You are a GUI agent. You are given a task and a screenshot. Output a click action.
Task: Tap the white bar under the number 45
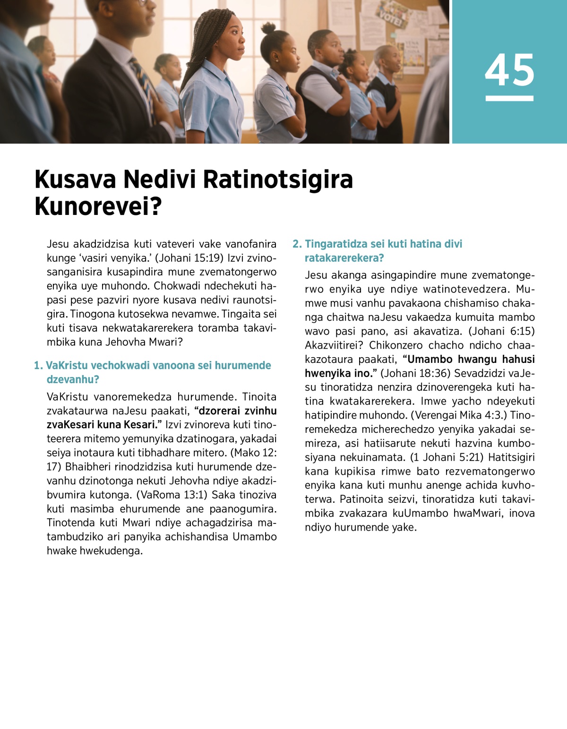click(509, 98)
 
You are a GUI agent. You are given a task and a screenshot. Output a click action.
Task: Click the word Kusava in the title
click(75, 180)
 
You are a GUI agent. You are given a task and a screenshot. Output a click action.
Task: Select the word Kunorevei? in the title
click(98, 206)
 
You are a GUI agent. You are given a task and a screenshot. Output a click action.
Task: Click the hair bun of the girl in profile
click(268, 28)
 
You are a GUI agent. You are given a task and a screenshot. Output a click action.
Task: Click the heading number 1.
click(38, 365)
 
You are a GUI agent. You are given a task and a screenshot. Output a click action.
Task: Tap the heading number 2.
click(297, 244)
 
